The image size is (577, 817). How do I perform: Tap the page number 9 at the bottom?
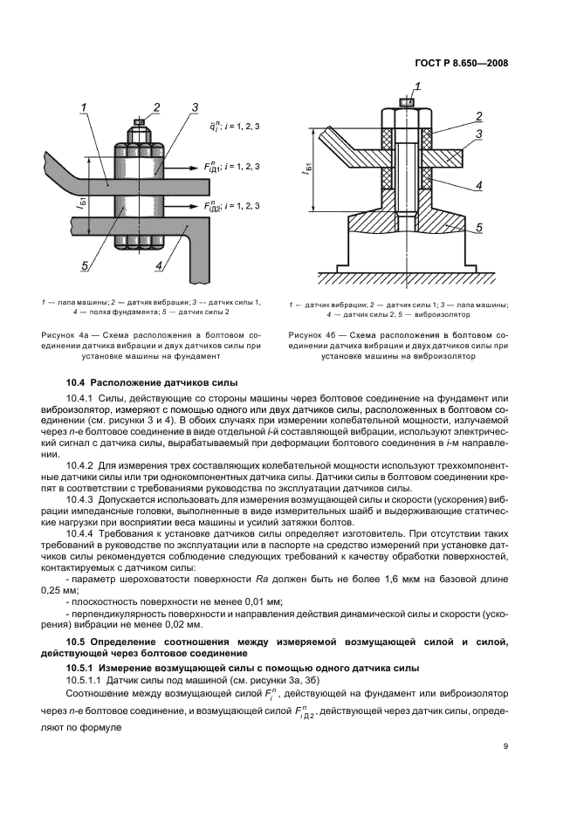tap(505, 745)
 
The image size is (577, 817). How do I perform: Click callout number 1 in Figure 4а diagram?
tap(85, 107)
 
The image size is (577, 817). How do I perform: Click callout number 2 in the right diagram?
tap(479, 116)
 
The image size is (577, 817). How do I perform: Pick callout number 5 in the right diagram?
tap(479, 228)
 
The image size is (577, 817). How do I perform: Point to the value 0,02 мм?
tap(182, 624)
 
